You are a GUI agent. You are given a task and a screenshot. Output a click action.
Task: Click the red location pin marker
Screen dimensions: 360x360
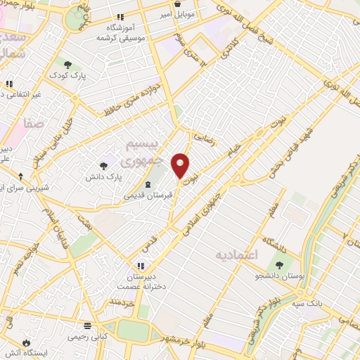pos(181,165)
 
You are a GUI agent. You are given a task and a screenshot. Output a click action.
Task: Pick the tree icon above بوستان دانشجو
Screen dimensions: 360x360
pos(281,265)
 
